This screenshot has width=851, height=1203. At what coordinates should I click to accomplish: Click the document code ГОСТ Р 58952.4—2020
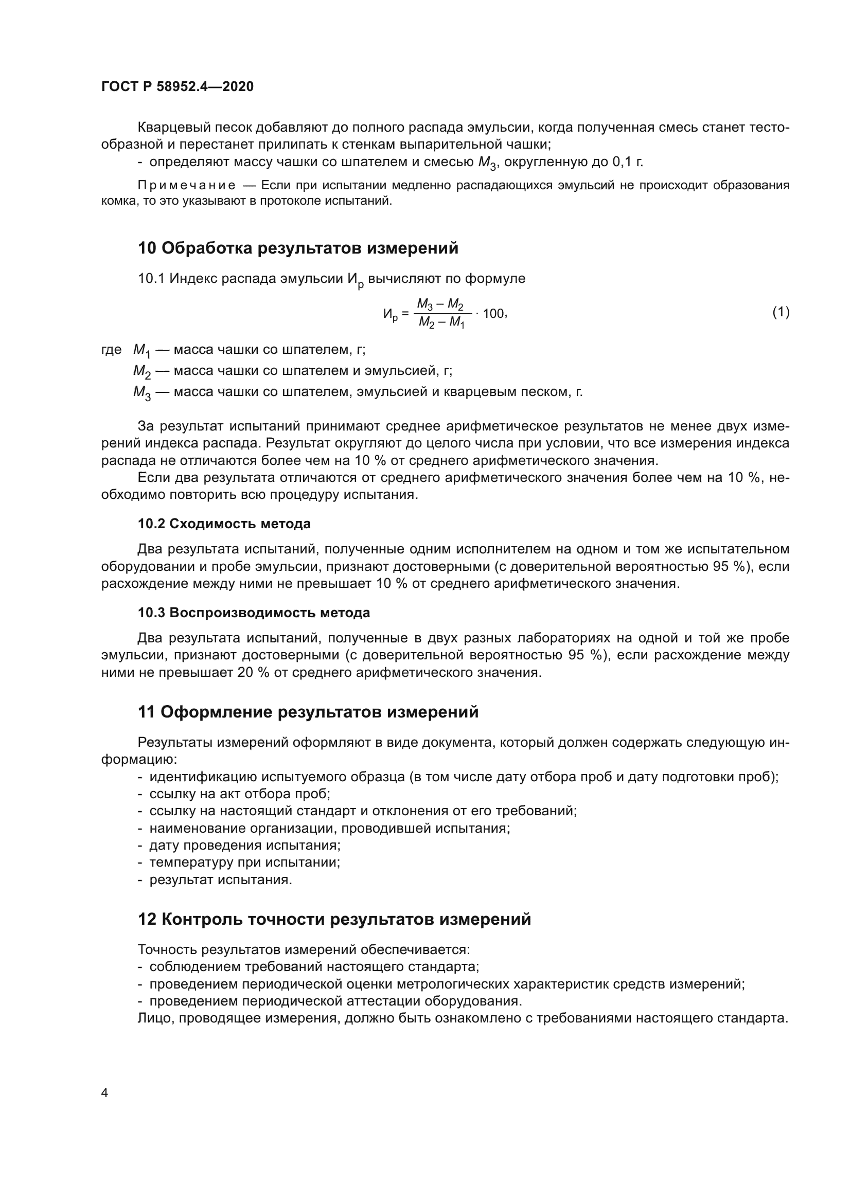pos(177,86)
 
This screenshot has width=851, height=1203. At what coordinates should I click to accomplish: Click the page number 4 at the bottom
pos(105,1092)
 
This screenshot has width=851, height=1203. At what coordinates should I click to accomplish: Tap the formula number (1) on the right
pos(781,312)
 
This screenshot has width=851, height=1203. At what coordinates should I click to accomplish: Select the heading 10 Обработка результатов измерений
pos(297,248)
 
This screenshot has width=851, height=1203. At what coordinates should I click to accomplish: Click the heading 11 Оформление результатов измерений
pos(308,712)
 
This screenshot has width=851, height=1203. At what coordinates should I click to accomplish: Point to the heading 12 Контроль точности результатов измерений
pos(334,919)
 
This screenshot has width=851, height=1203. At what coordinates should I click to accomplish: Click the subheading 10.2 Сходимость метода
pos(224,524)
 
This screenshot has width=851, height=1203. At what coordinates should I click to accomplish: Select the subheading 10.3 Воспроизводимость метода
pos(254,613)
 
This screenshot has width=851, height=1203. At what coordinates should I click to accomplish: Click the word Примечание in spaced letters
pos(187,186)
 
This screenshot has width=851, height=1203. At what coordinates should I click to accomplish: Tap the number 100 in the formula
pos(493,313)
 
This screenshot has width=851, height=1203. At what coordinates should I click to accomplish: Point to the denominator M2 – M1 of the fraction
pos(441,323)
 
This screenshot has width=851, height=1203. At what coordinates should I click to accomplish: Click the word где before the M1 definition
pos(111,349)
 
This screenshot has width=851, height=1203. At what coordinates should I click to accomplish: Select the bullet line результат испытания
pos(221,879)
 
